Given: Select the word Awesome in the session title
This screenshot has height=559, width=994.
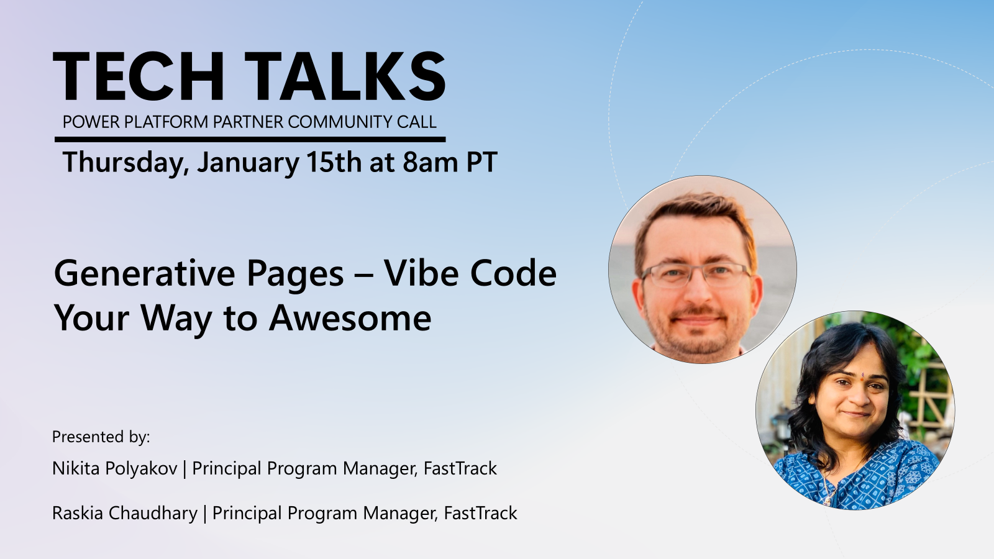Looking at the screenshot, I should coord(350,318).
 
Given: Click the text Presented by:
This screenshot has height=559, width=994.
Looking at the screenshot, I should coord(101,437).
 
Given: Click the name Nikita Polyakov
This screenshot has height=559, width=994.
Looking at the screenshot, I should coord(114,468).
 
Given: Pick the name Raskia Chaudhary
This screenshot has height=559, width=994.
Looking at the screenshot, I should coord(124,513).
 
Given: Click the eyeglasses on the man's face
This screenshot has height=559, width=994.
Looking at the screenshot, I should coord(696,273).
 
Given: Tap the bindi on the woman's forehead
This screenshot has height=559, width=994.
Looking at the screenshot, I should coord(862,375).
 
